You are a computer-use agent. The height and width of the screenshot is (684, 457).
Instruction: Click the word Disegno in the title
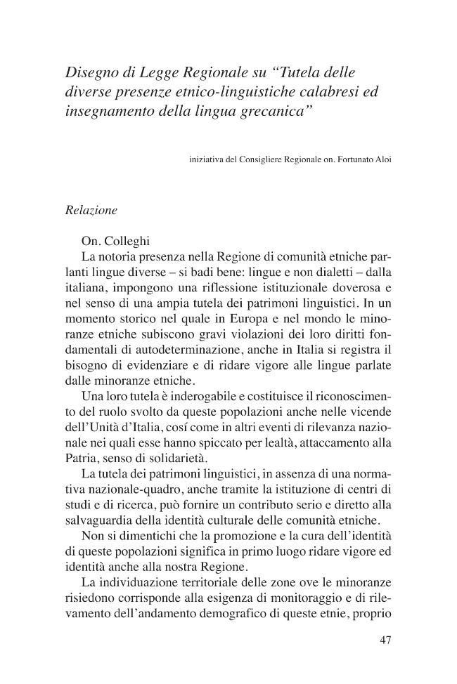91,72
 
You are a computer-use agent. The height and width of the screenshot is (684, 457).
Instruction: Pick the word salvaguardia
98,520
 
